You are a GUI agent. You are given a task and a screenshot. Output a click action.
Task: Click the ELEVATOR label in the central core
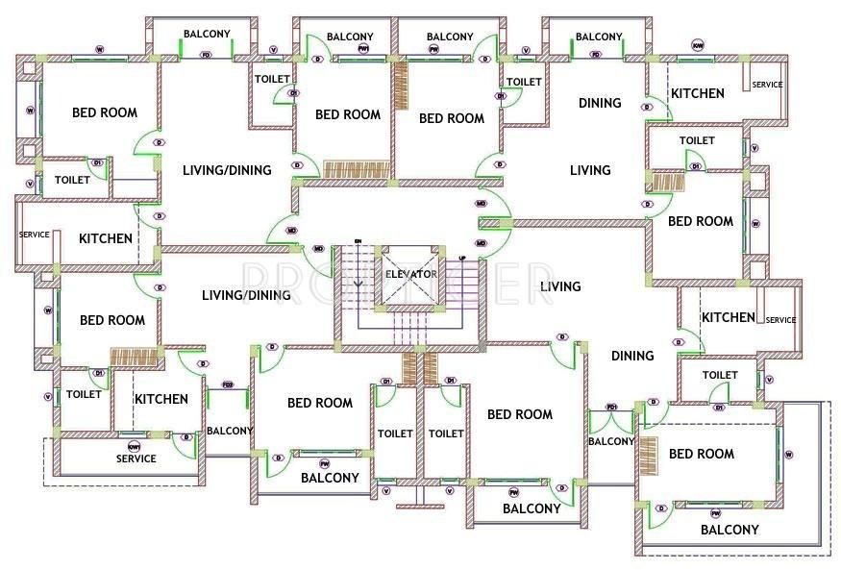pyautogui.click(x=410, y=274)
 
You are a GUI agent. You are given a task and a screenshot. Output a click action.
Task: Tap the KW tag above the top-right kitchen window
pyautogui.click(x=698, y=45)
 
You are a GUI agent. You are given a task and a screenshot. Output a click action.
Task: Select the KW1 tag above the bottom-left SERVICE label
pyautogui.click(x=135, y=447)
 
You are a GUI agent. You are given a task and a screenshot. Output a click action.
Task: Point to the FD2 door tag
pyautogui.click(x=228, y=385)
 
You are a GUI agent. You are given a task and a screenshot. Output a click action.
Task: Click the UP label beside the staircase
pyautogui.click(x=462, y=259)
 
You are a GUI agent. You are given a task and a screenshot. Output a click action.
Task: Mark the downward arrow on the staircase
pyautogui.click(x=358, y=281)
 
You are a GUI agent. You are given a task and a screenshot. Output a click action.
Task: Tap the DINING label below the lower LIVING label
pyautogui.click(x=631, y=356)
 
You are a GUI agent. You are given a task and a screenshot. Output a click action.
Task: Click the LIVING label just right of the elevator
pyautogui.click(x=559, y=286)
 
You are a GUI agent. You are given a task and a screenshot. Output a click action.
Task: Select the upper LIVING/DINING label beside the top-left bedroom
pyautogui.click(x=227, y=170)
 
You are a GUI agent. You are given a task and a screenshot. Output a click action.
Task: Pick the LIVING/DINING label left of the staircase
pyautogui.click(x=246, y=295)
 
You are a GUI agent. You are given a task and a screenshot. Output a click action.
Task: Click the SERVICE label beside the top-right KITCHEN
pyautogui.click(x=766, y=85)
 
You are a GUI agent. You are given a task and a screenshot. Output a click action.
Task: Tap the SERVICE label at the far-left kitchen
pyautogui.click(x=34, y=235)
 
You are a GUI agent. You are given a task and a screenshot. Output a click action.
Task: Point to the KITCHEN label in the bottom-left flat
pyautogui.click(x=161, y=399)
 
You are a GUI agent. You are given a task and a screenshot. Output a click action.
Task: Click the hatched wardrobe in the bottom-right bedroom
pyautogui.click(x=648, y=455)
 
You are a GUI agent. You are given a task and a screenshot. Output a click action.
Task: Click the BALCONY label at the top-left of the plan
pyautogui.click(x=207, y=34)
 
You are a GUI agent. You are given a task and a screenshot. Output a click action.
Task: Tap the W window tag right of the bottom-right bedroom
pyautogui.click(x=788, y=454)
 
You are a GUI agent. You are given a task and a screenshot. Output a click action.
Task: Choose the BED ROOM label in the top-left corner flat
pyautogui.click(x=105, y=112)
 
